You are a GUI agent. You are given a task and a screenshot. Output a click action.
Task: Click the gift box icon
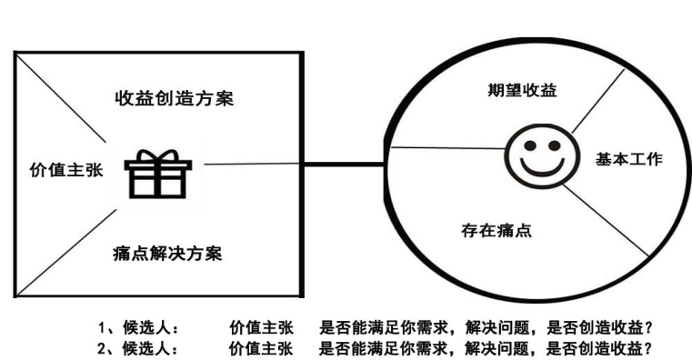click(x=157, y=174)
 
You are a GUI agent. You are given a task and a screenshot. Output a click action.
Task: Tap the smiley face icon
click(x=537, y=151)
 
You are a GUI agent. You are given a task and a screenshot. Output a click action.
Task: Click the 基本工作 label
click(x=628, y=159)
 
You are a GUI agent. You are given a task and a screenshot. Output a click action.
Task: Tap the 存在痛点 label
click(x=496, y=230)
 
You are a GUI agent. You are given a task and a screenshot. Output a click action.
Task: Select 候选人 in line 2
click(x=146, y=347)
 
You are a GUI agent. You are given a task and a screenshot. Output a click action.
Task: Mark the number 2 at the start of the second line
click(x=103, y=347)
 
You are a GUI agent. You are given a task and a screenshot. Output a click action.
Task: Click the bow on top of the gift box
click(x=157, y=155)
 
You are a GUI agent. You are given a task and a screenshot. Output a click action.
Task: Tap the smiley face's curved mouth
click(x=537, y=165)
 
